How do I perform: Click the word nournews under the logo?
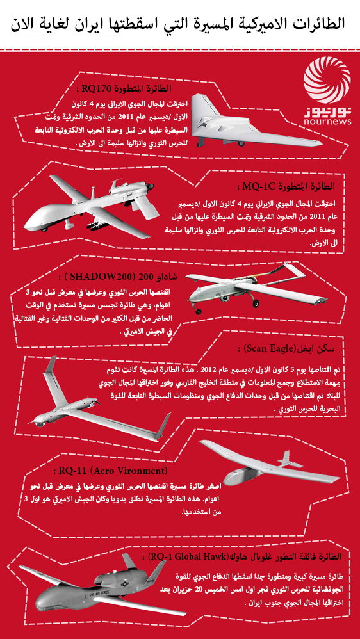click(327, 122)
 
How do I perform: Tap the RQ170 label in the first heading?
click(95, 88)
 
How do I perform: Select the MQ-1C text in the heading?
click(256, 187)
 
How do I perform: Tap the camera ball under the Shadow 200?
click(224, 300)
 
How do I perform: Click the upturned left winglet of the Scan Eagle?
click(50, 366)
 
